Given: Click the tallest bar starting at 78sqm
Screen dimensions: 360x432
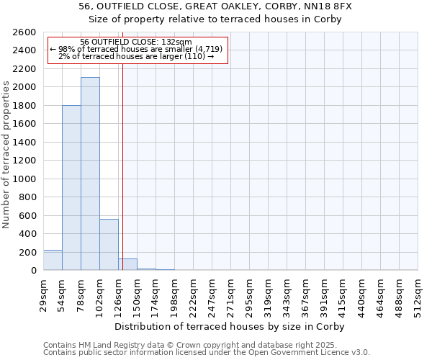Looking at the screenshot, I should pos(90,174).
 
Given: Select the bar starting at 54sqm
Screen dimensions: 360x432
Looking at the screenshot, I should pos(71,188).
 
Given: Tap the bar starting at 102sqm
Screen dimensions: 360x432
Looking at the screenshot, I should pos(109,245).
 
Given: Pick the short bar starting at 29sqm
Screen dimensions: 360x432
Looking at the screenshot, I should pos(53,260).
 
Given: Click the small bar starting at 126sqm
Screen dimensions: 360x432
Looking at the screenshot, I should pos(127,264).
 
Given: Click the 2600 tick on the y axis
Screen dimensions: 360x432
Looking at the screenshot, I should pos(26,32).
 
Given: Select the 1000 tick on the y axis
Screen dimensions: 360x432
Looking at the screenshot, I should pos(26,179).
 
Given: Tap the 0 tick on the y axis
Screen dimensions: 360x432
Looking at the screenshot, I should pos(33,271).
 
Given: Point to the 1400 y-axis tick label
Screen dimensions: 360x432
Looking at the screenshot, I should pos(26,142).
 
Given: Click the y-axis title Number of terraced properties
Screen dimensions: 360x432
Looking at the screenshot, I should pos(6,155).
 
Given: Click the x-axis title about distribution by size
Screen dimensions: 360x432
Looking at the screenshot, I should pos(230,327).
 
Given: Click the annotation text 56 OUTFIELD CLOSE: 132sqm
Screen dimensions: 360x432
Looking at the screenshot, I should pos(136,42).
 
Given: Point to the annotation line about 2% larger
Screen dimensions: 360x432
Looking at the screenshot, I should pos(136,56).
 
